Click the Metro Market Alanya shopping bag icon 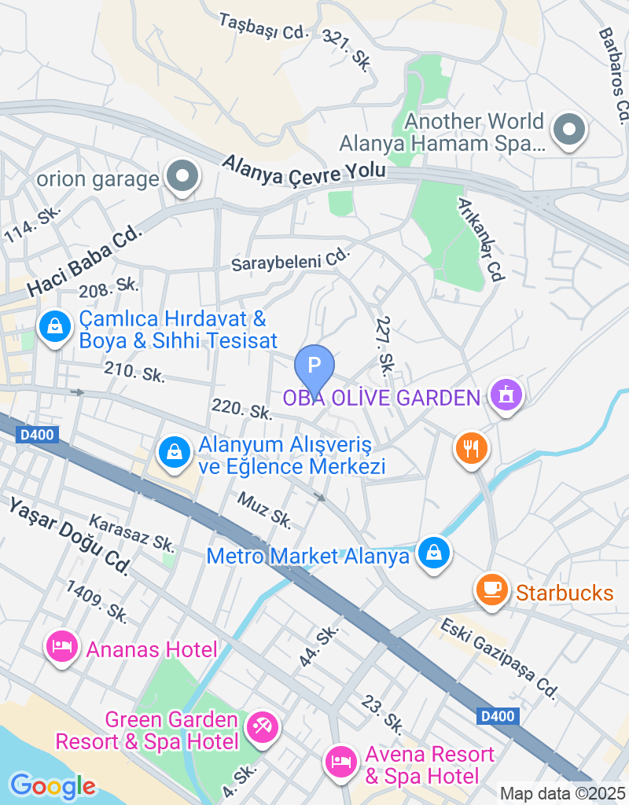coord(433,553)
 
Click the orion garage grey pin coord(183,176)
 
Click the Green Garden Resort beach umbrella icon coord(261,727)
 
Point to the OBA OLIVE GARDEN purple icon coord(505,395)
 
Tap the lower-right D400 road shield coord(497,716)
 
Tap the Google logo coord(53,785)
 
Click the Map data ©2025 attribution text coord(562,793)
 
